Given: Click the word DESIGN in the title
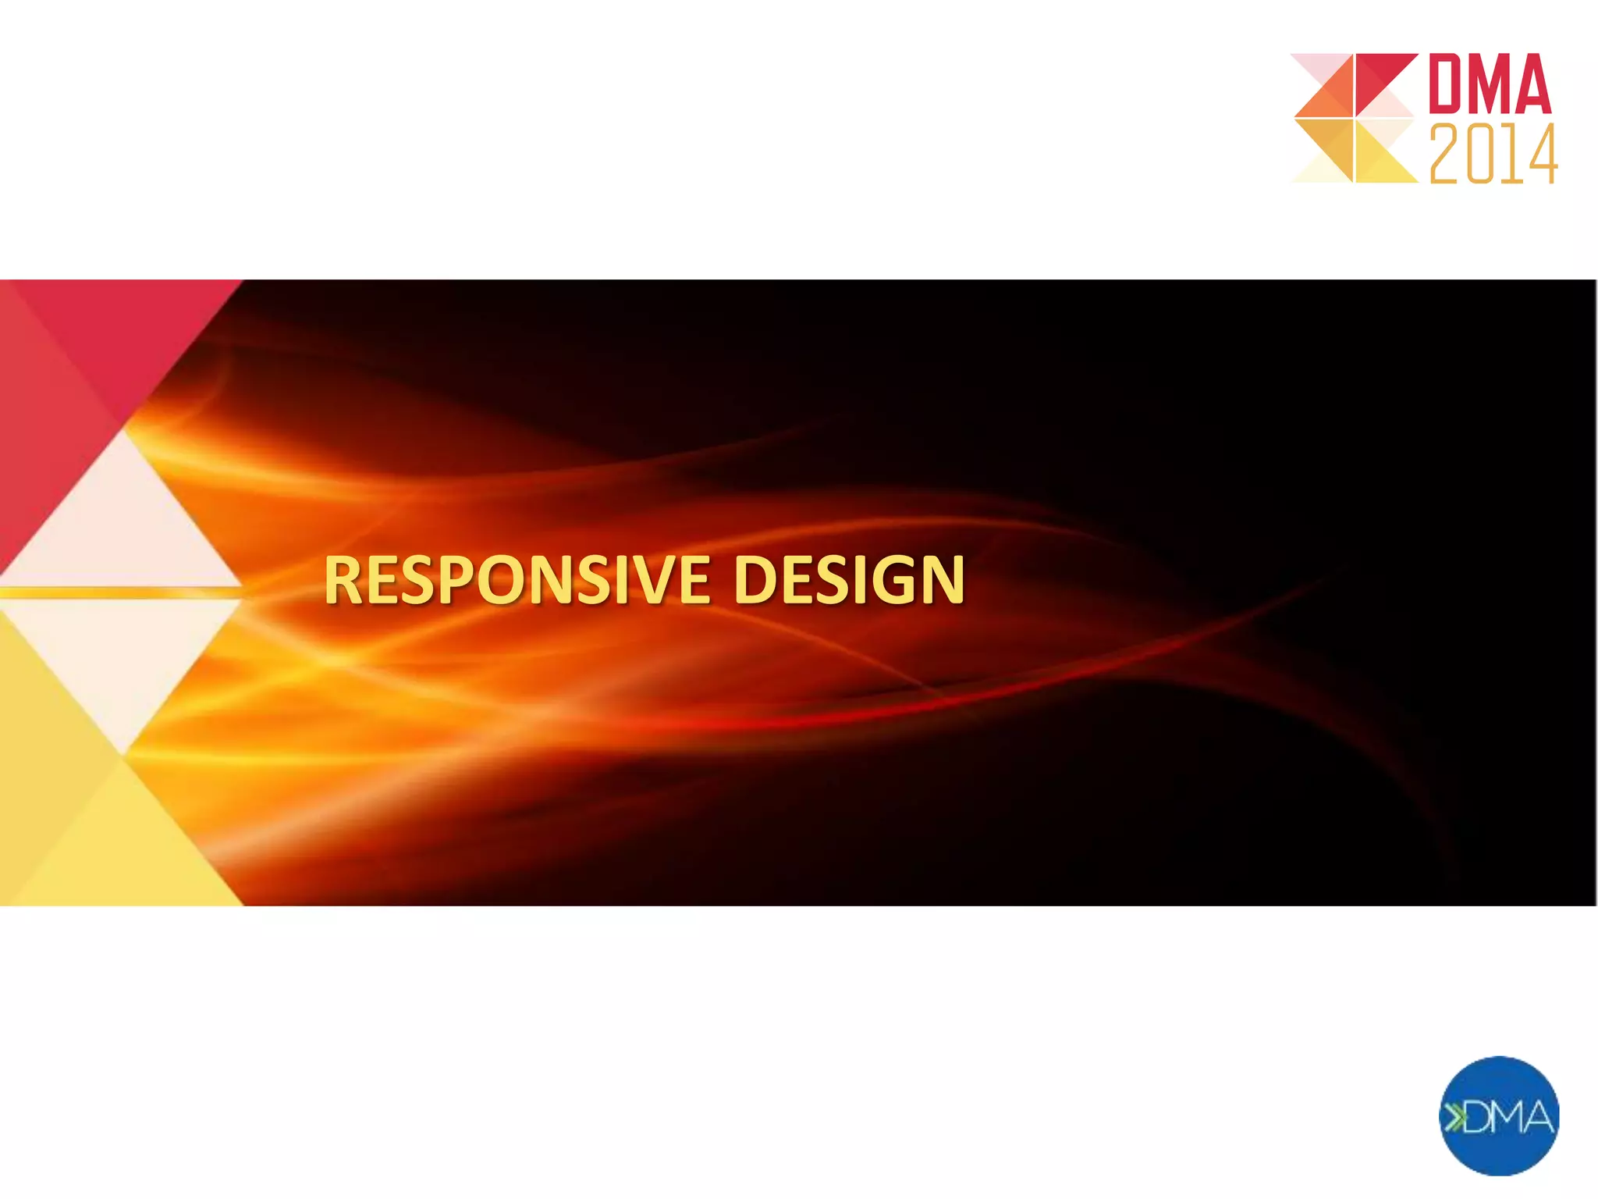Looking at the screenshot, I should click(x=849, y=580).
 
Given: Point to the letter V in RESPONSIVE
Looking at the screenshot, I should click(x=637, y=580).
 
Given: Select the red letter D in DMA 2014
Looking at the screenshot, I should click(x=1447, y=84).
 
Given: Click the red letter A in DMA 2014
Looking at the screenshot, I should click(x=1532, y=84).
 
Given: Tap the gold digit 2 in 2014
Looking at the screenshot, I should click(x=1446, y=155).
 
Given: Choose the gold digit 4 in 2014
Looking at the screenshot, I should click(x=1541, y=155).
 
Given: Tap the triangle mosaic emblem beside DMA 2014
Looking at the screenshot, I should click(x=1355, y=118).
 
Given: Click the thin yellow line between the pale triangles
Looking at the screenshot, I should click(x=117, y=593).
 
